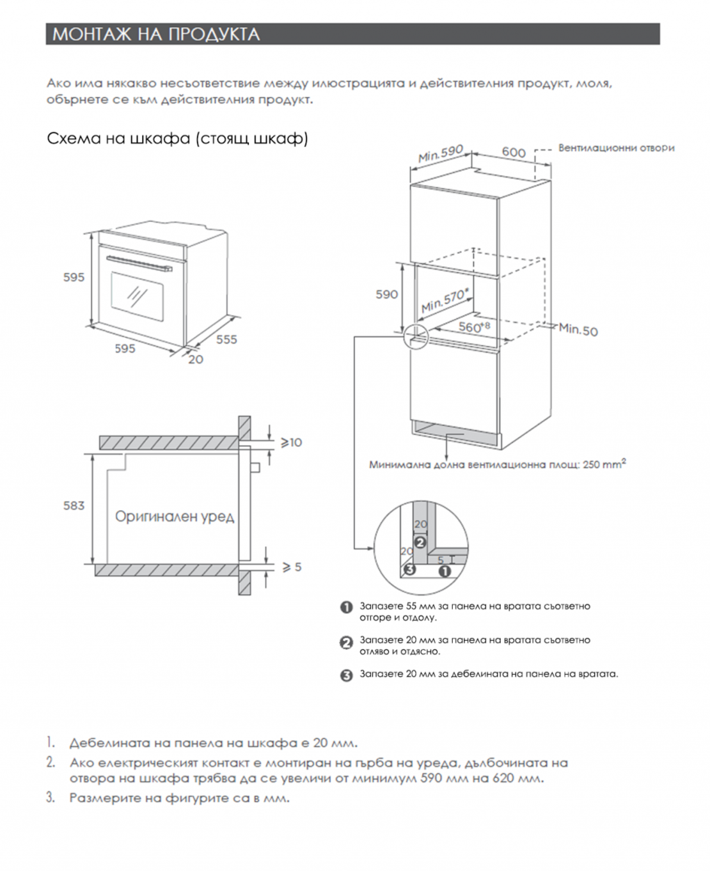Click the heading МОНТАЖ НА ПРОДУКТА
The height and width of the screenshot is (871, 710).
[156, 35]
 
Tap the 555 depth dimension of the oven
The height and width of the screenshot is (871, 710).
[226, 340]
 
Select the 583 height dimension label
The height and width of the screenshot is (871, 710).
[74, 506]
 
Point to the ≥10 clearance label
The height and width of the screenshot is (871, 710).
[292, 443]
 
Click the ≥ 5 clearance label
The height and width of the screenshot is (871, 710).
[292, 567]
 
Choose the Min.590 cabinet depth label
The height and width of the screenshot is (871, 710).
[440, 154]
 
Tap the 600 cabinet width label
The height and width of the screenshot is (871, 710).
[513, 152]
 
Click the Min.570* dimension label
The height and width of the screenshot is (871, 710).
[445, 301]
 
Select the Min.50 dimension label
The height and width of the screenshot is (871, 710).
[578, 330]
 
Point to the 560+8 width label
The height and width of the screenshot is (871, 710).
[474, 327]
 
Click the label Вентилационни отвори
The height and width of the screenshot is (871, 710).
[616, 148]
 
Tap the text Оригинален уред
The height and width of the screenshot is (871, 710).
[175, 516]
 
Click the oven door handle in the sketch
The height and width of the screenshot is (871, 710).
[139, 263]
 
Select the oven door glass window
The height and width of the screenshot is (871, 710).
[136, 295]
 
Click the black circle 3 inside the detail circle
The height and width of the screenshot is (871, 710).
[409, 569]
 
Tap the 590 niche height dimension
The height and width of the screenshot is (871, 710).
[386, 294]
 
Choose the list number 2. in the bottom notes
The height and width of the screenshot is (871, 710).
[51, 762]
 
